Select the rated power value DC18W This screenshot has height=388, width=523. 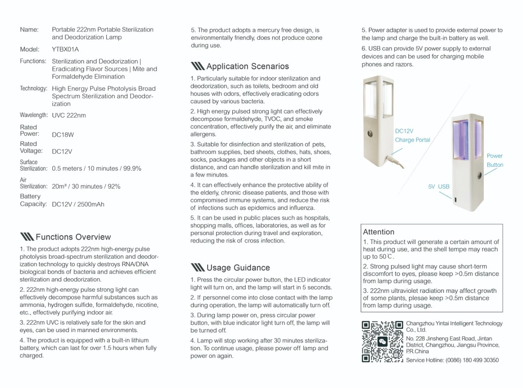63,135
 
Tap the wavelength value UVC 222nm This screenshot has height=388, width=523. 69,115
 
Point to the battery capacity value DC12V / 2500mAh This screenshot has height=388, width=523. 78,204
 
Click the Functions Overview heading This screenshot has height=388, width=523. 73,237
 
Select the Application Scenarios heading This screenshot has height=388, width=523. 247,66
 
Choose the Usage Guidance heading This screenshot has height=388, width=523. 238,268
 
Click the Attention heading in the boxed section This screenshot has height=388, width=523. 379,232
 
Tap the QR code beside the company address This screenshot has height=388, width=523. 382,341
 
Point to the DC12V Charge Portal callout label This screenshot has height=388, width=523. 412,135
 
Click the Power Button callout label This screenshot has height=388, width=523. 495,160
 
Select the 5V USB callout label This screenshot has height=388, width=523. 439,187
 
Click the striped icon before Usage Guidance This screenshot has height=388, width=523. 198,268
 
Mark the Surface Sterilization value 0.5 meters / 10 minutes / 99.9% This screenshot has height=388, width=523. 96,169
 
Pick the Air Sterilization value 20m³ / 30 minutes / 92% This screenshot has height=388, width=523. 86,186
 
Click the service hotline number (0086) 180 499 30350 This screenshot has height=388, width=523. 473,360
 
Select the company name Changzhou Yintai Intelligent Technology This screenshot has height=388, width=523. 454,324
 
